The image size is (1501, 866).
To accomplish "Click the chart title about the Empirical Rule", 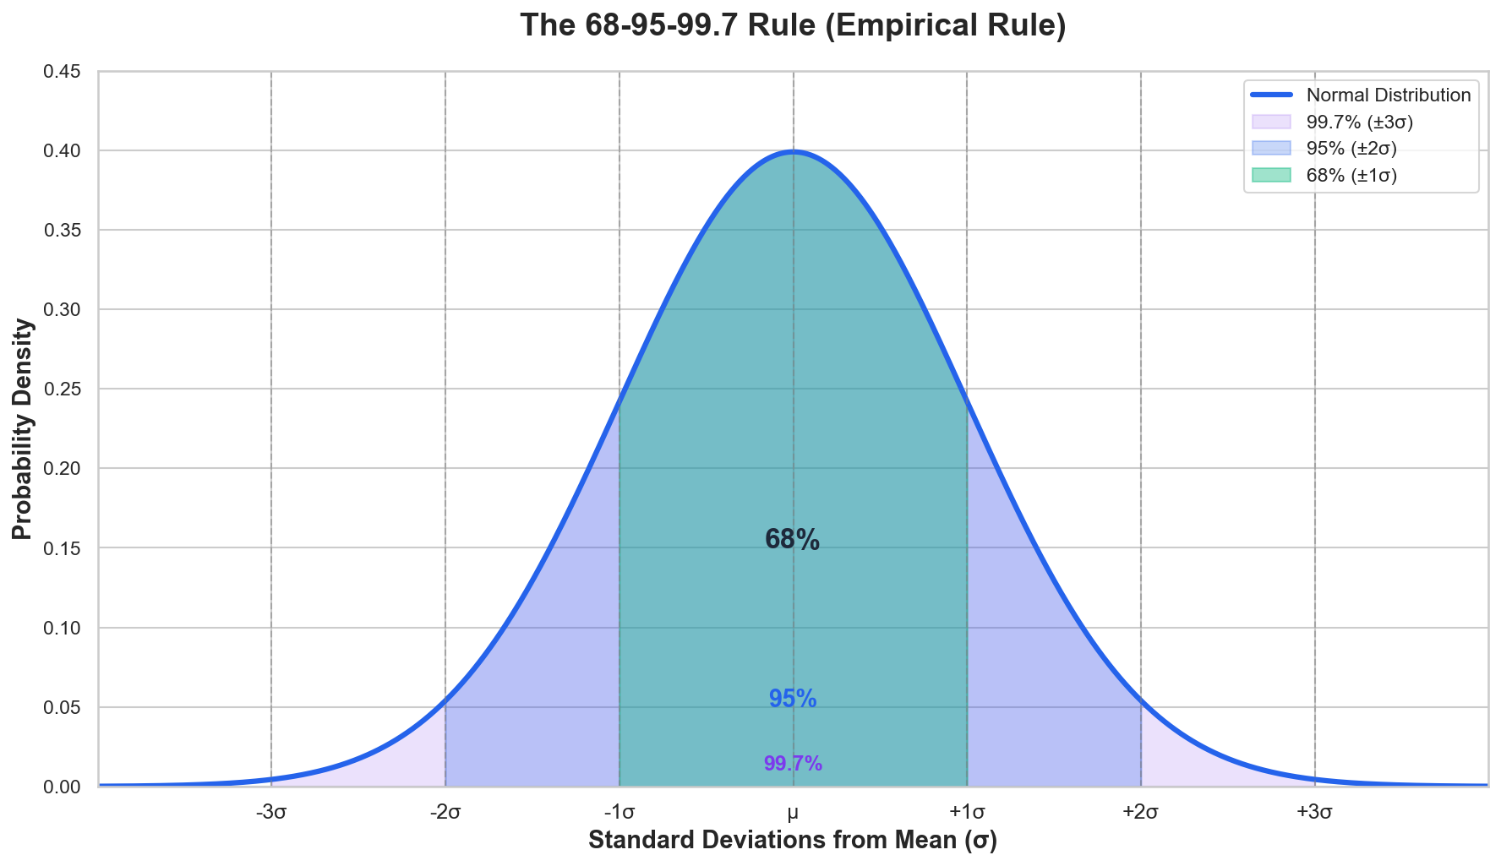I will tap(793, 25).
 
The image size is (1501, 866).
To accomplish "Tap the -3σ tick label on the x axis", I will tap(271, 813).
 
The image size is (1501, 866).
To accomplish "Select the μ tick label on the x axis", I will tap(793, 813).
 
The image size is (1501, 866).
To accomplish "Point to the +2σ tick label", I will tap(1140, 813).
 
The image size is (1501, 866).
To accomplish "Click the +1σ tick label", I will tap(967, 813).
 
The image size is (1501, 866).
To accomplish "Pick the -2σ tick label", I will tap(445, 813).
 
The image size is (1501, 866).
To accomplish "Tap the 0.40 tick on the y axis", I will tap(62, 151).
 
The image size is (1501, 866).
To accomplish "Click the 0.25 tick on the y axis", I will tap(62, 389).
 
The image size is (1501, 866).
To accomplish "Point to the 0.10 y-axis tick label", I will tap(62, 628).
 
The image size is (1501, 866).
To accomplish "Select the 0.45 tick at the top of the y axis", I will tap(62, 72).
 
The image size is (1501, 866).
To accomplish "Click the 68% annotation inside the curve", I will tap(792, 540).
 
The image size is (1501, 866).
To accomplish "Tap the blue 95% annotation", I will tap(793, 699).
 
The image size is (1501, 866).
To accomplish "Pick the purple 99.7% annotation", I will tap(793, 764).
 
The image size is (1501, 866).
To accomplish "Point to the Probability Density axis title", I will tap(23, 429).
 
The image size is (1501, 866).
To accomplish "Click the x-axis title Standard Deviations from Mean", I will tap(793, 841).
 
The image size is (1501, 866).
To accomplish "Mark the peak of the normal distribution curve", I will tap(793, 152).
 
